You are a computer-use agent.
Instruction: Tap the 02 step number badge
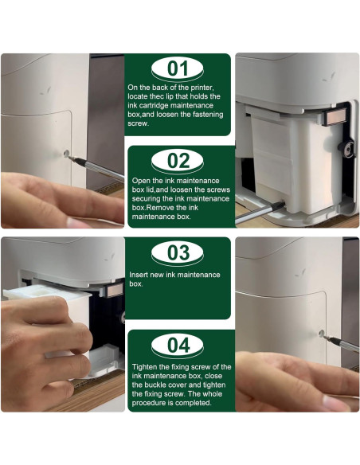[x=178, y=160]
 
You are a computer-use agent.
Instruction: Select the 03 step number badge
[x=178, y=254]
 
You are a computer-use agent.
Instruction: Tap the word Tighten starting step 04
[x=143, y=367]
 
